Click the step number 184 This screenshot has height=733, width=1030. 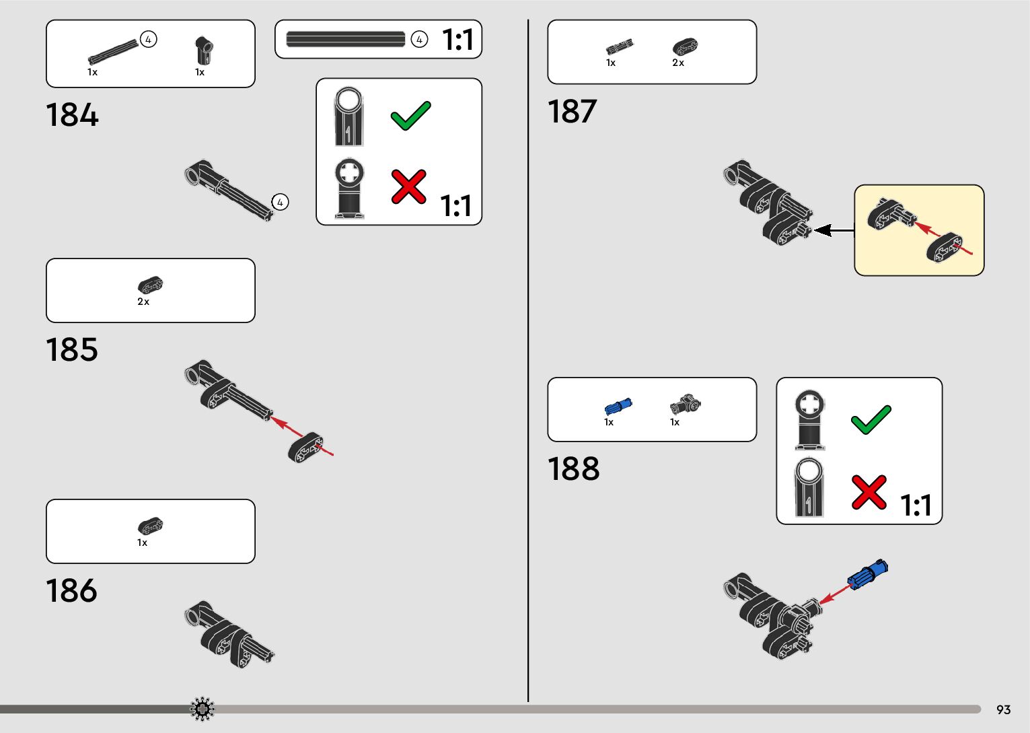(72, 115)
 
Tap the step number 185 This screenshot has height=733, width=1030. (72, 350)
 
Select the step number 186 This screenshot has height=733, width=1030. (72, 591)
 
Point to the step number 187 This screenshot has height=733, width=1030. (573, 112)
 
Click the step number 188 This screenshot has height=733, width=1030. (574, 469)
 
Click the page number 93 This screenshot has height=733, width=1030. (1003, 710)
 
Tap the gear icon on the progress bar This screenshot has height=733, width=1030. (203, 709)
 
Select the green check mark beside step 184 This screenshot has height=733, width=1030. (410, 116)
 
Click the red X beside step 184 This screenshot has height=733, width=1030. (408, 186)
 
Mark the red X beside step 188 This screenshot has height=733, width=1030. (869, 492)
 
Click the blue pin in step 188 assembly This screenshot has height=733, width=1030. (868, 575)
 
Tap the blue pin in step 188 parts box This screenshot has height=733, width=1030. (618, 407)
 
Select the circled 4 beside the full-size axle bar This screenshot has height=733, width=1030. (419, 40)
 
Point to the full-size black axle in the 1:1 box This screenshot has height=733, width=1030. (346, 39)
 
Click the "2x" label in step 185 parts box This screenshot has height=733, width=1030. (143, 302)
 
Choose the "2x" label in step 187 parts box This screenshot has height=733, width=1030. (678, 63)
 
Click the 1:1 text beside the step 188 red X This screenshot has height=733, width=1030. (916, 505)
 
